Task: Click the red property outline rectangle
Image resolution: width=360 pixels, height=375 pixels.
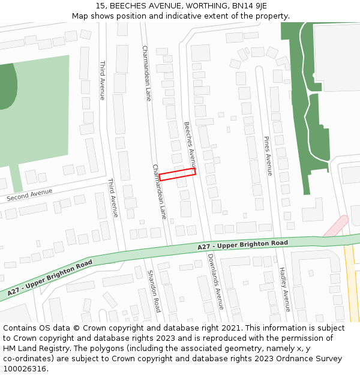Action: point(178,174)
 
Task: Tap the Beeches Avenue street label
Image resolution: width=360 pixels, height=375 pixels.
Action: point(190,145)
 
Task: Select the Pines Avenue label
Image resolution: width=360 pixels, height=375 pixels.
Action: point(268,156)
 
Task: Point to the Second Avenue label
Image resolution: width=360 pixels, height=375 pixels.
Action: point(29,195)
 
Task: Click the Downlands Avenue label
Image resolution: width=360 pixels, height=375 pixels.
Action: point(215,281)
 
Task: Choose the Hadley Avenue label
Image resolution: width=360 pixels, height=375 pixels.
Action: point(285,290)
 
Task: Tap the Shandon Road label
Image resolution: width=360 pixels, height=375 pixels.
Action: point(154,291)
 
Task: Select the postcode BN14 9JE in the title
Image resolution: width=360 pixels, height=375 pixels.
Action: point(247,6)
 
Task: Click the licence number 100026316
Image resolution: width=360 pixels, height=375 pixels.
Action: point(25,369)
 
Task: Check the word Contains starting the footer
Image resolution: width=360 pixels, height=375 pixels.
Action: point(20,328)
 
